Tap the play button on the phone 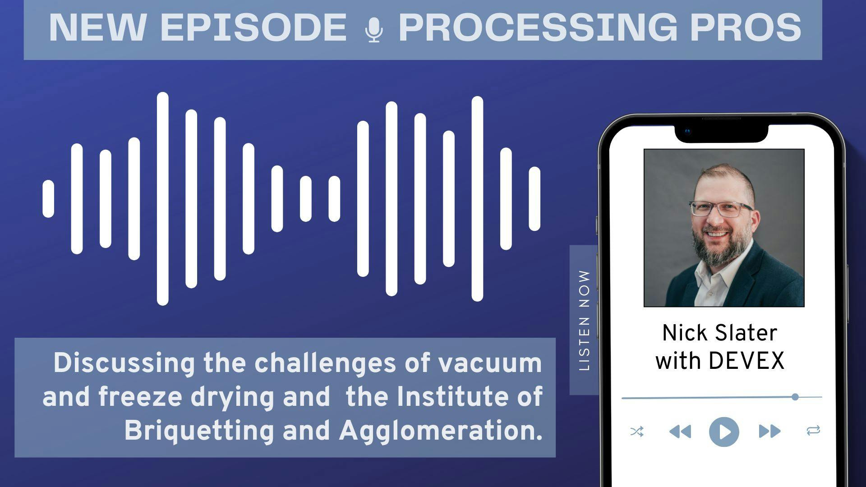coord(724,432)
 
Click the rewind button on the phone coord(680,432)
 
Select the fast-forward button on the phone coord(769,432)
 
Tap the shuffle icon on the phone coord(637,432)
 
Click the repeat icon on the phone coord(813,431)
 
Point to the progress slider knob coord(795,397)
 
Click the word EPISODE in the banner coord(253,28)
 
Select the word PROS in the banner coord(746,28)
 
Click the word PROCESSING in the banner coord(538,28)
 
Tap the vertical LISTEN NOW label coord(584,321)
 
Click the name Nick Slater coord(719,333)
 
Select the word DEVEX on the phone coord(746,361)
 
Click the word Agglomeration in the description coord(441,431)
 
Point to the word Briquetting coord(199,431)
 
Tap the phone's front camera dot coord(687,132)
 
